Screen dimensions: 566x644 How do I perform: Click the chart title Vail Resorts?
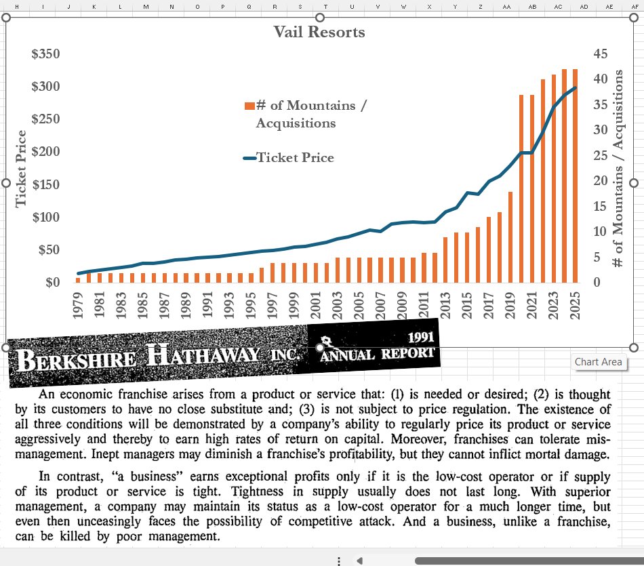click(x=319, y=32)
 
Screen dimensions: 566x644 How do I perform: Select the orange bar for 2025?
click(x=575, y=176)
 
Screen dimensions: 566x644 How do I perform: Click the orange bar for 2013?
click(x=445, y=260)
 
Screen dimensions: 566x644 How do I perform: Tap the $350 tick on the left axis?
click(x=45, y=54)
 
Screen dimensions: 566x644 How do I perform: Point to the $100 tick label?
click(x=45, y=217)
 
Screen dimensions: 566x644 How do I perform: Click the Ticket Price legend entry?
click(x=295, y=158)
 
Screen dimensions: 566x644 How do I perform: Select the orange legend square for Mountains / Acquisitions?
click(x=249, y=105)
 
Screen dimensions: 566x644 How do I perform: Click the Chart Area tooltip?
click(x=598, y=361)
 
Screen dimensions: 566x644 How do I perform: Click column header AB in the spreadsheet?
click(x=532, y=6)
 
